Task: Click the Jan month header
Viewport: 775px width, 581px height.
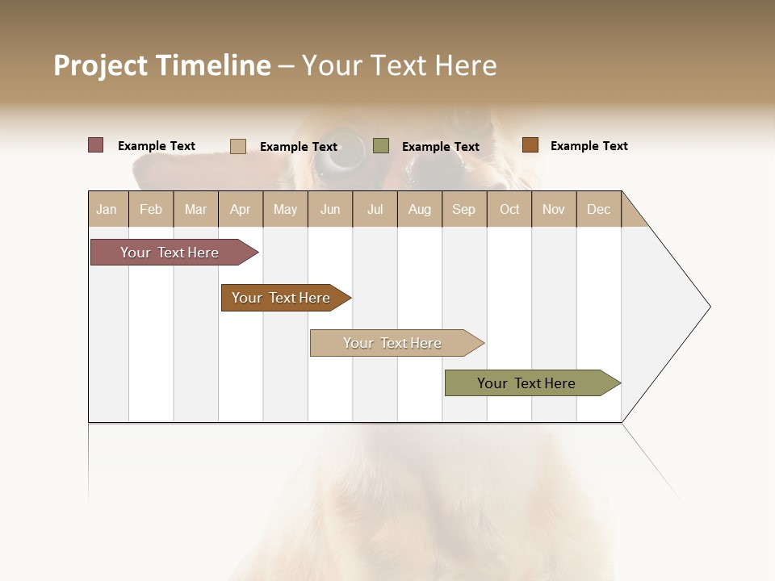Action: [x=107, y=209]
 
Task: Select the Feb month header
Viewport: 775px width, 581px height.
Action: [x=151, y=209]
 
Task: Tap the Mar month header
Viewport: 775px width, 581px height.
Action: [x=195, y=209]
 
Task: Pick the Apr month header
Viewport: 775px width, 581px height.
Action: [x=241, y=209]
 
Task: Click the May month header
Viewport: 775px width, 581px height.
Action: [x=285, y=209]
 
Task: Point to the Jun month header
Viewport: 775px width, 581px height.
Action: [x=330, y=209]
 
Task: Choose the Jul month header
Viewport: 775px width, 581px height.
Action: [x=375, y=209]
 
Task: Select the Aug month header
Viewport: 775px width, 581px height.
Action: [x=420, y=209]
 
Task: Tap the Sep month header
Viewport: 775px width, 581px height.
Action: [x=464, y=209]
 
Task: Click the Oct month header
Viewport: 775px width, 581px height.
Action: [x=509, y=209]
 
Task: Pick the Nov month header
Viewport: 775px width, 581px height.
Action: [x=554, y=209]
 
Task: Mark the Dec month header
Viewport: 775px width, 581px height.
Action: [x=599, y=209]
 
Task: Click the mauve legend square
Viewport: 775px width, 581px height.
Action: [x=96, y=145]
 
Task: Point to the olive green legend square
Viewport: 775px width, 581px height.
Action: [x=381, y=146]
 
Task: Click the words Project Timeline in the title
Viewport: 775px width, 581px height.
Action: [x=162, y=65]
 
